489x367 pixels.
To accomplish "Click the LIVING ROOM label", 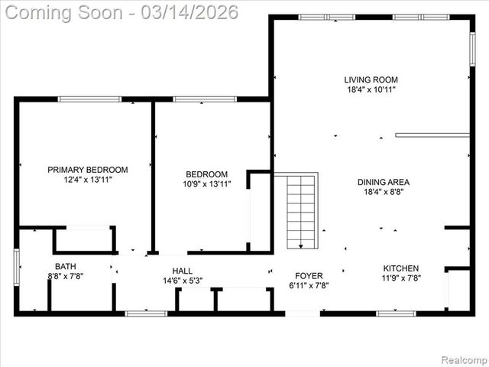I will (371, 80).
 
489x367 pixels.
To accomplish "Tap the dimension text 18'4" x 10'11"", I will (371, 89).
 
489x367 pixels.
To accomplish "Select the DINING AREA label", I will (384, 182).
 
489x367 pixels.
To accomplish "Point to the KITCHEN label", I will (400, 268).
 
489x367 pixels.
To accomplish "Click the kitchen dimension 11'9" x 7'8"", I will (400, 278).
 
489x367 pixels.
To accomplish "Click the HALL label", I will (182, 271).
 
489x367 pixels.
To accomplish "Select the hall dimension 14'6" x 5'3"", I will (182, 281).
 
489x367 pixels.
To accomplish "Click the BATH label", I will (65, 267).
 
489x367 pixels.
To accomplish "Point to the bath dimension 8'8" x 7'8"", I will (65, 277).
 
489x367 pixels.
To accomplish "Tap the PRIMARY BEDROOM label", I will (88, 170).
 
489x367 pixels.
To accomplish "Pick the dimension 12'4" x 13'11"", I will (88, 180).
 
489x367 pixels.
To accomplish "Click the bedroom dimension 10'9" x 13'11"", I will (206, 184).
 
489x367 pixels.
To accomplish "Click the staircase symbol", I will (302, 211).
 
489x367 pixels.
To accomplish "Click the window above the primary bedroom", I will (89, 99).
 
